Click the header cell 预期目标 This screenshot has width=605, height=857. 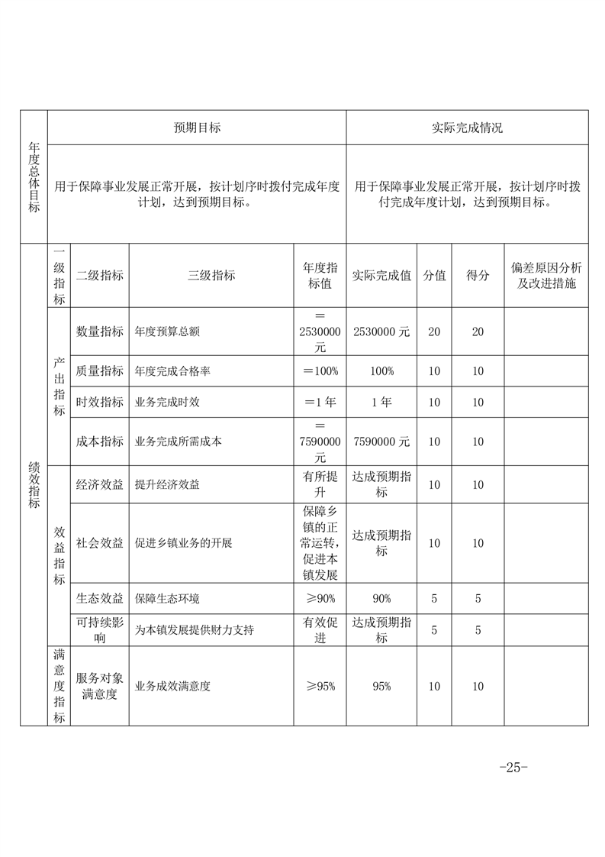coord(197,128)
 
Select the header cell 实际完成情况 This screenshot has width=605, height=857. coord(467,128)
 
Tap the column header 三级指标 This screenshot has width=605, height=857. coord(211,276)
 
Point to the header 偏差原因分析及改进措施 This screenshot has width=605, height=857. coord(545,276)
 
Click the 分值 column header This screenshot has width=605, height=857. coord(434,276)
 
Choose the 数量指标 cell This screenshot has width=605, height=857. coord(100,331)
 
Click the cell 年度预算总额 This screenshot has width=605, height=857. coord(167,331)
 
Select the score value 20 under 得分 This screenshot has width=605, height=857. coord(478,331)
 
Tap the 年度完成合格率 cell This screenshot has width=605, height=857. coord(172,371)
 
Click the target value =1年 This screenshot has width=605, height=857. coord(320,402)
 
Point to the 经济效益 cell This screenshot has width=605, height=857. coord(100,484)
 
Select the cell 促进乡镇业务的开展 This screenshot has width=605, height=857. coord(183,543)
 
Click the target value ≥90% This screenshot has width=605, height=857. coord(320,598)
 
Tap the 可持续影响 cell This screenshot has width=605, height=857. coord(100,630)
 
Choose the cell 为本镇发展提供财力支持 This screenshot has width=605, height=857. coord(195,630)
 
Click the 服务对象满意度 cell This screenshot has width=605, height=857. coord(100,686)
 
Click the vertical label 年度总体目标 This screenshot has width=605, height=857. coord(34,177)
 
